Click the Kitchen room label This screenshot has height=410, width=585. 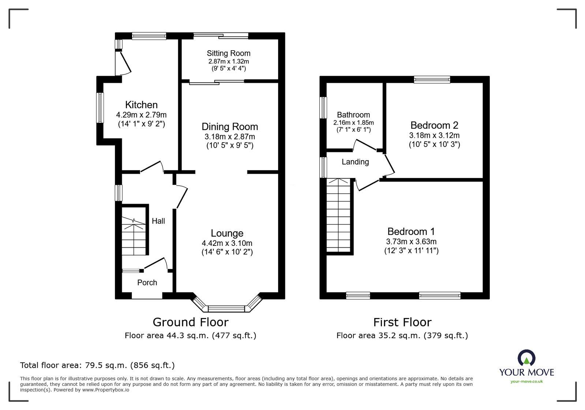pos(141,105)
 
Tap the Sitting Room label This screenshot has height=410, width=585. pos(228,53)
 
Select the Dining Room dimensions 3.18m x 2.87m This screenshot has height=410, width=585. pos(230,137)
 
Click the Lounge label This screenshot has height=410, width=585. pos(227,233)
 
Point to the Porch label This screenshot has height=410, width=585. pos(147,282)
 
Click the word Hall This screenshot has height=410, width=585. pos(158,221)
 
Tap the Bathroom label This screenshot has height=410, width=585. pos(353,115)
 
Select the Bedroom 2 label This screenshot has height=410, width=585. pos(434,125)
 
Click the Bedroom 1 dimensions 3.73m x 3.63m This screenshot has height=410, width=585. pos(411,241)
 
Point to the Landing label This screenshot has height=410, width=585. pos(355,162)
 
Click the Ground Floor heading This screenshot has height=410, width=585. pos(190,322)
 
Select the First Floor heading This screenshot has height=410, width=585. pos(402,322)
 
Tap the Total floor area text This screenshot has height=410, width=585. pos(97,365)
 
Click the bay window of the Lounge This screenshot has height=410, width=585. pos(226,308)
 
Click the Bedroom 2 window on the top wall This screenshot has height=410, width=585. pos(432,79)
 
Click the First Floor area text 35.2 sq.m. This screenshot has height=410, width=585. pos(402,335)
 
